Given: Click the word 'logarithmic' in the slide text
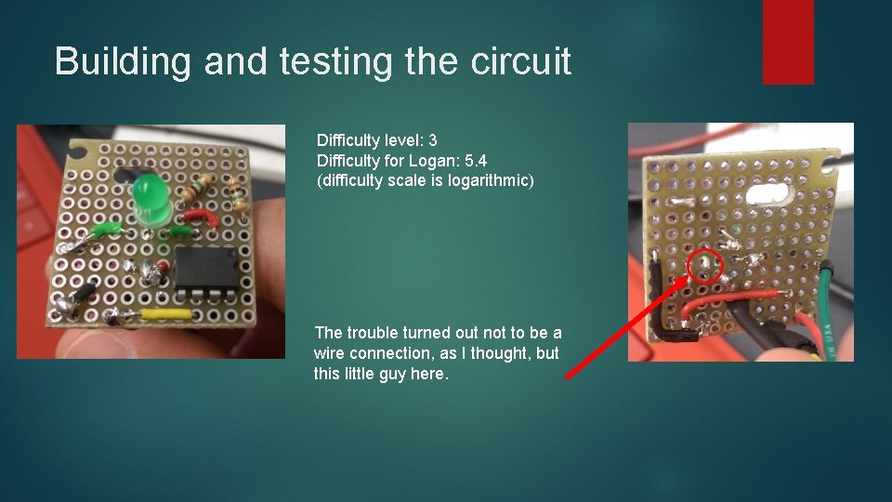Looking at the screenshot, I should point(490,179).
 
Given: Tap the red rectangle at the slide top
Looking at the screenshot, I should point(787,42).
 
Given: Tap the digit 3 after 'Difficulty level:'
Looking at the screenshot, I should point(432,140).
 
